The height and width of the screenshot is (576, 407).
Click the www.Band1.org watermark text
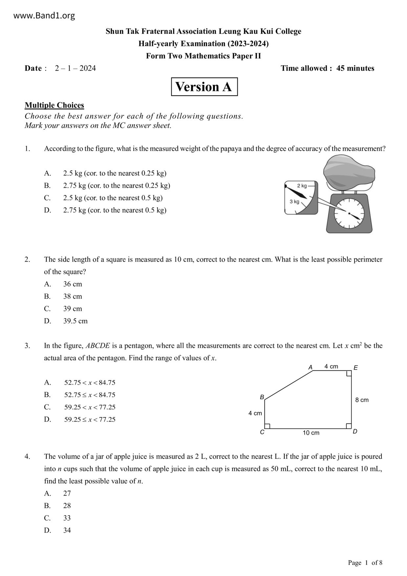pyautogui.click(x=44, y=15)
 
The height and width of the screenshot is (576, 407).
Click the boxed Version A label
pyautogui.click(x=204, y=87)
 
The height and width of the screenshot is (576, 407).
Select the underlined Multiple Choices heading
pyautogui.click(x=54, y=105)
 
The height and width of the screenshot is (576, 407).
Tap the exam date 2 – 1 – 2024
pyautogui.click(x=75, y=68)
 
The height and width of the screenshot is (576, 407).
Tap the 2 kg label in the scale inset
pyautogui.click(x=302, y=186)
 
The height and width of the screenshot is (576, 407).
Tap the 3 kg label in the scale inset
pyautogui.click(x=294, y=201)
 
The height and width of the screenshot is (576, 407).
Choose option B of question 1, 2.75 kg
pyautogui.click(x=117, y=186)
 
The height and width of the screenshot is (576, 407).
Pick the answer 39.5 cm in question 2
pyautogui.click(x=75, y=321)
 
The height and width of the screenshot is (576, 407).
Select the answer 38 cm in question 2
pyautogui.click(x=73, y=296)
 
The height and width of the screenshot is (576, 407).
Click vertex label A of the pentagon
pyautogui.click(x=310, y=367)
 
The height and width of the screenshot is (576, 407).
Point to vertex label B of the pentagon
pyautogui.click(x=262, y=397)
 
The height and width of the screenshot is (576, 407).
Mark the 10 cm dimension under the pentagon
pyautogui.click(x=311, y=433)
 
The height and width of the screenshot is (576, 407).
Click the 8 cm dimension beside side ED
pyautogui.click(x=362, y=400)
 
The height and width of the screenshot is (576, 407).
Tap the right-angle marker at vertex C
pyautogui.click(x=267, y=426)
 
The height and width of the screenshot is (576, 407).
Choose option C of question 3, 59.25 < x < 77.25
pyautogui.click(x=90, y=407)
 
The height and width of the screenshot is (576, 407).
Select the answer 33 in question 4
pyautogui.click(x=67, y=518)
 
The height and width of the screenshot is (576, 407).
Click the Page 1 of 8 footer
pyautogui.click(x=365, y=563)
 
